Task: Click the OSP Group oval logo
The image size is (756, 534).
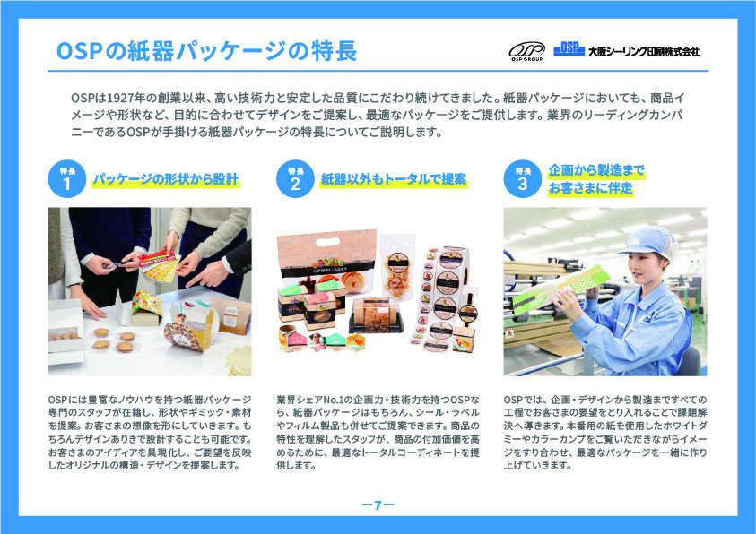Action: click(526, 50)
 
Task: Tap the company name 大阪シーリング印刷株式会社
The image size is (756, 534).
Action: click(644, 52)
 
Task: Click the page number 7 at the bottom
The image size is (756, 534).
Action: click(378, 504)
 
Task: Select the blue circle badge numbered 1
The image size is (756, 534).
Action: click(67, 178)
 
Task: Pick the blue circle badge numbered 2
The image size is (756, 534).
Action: click(295, 178)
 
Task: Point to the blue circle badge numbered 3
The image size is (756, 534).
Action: click(523, 178)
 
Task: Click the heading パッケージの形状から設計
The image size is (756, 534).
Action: click(165, 179)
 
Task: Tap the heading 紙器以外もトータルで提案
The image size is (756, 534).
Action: click(394, 179)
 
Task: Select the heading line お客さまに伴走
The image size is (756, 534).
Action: click(590, 188)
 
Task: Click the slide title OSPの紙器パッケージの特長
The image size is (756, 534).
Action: click(206, 50)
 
